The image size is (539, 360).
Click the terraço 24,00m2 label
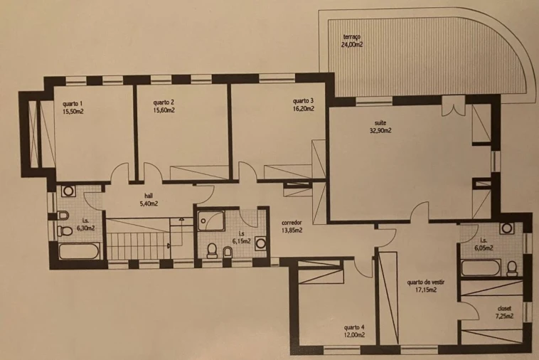click(352, 41)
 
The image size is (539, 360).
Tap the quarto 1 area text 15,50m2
click(73, 112)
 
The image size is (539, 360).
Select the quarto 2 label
click(164, 102)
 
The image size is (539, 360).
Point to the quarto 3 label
click(303, 101)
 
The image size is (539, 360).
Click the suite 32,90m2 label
click(380, 127)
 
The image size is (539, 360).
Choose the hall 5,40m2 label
click(149, 200)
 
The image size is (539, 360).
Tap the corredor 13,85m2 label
click(292, 226)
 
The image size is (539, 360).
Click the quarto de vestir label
click(425, 282)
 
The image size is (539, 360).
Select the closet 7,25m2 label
click(504, 312)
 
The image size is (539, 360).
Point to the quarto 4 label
click(354, 327)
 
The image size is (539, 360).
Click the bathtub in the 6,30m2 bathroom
click(79, 251)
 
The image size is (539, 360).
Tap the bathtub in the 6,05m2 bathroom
click(480, 268)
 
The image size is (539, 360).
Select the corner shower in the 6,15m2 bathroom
click(211, 221)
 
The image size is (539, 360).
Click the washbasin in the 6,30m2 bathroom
click(68, 191)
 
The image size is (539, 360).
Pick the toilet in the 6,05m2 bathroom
click(512, 268)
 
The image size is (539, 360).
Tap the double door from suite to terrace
click(454, 106)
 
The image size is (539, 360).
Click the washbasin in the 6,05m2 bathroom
click(507, 228)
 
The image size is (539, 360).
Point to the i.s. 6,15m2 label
click(241, 238)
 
